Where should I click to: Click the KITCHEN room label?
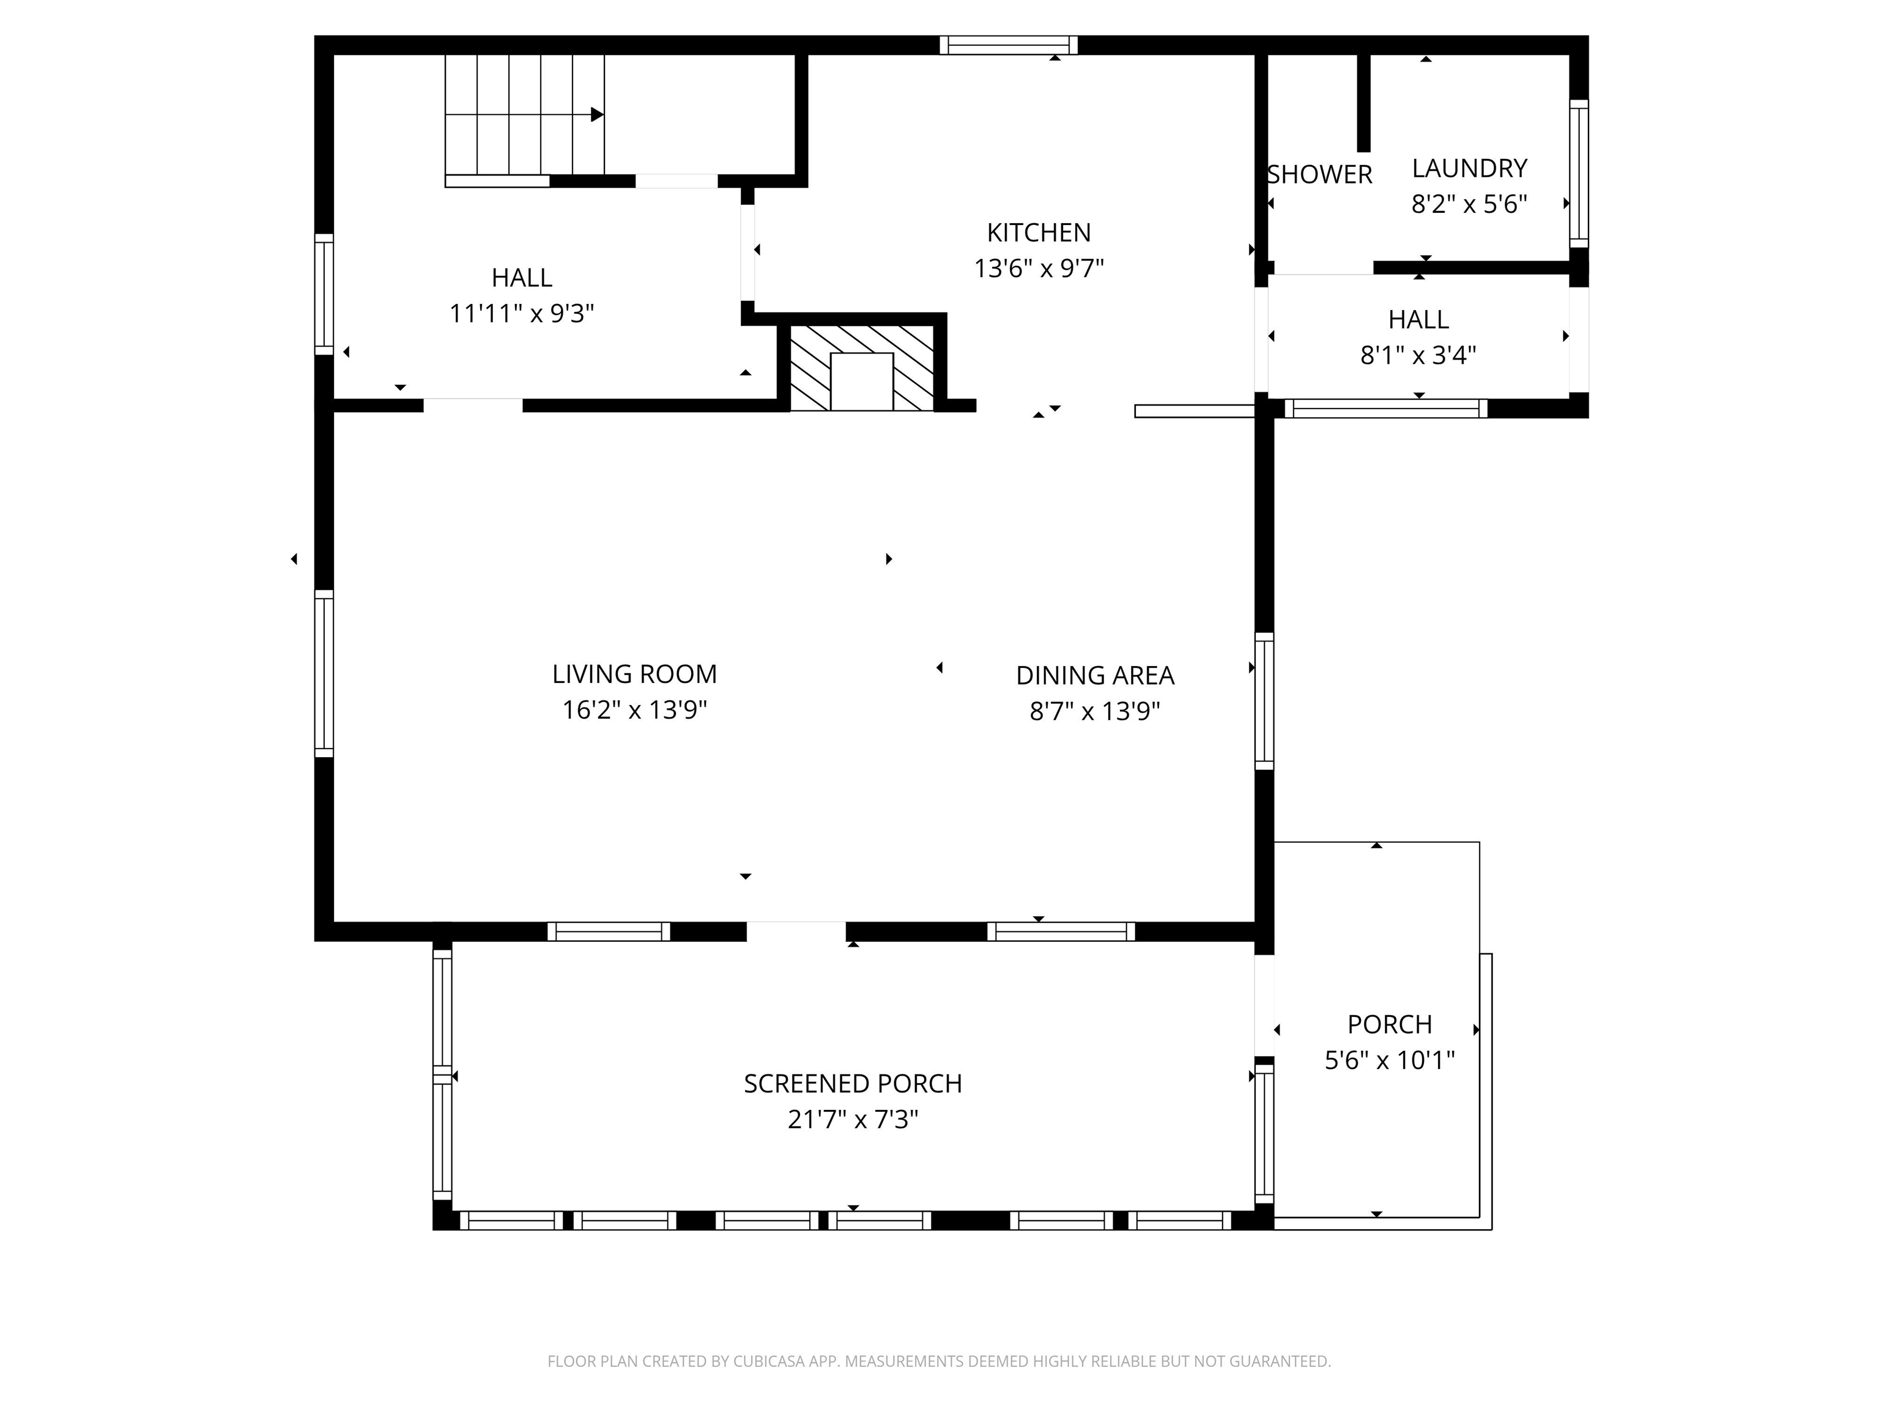pyautogui.click(x=1038, y=232)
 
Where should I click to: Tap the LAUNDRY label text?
pyautogui.click(x=1469, y=168)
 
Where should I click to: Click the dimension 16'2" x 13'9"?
pyautogui.click(x=634, y=710)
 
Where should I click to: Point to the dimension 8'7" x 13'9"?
pyautogui.click(x=1094, y=711)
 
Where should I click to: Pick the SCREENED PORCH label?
pyautogui.click(x=852, y=1084)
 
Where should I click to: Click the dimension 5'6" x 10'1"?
pyautogui.click(x=1389, y=1060)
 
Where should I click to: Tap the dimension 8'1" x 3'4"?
pyautogui.click(x=1418, y=355)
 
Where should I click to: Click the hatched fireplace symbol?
pyautogui.click(x=861, y=368)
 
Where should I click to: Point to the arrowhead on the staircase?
pyautogui.click(x=597, y=114)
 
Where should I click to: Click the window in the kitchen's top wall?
pyautogui.click(x=1008, y=45)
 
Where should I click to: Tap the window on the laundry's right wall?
pyautogui.click(x=1578, y=173)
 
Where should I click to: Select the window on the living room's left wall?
pyautogui.click(x=324, y=673)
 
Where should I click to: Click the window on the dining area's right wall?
pyautogui.click(x=1264, y=701)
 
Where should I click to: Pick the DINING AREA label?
pyautogui.click(x=1094, y=675)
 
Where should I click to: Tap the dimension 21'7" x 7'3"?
pyautogui.click(x=852, y=1119)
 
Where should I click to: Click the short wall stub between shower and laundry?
pyautogui.click(x=1363, y=102)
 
